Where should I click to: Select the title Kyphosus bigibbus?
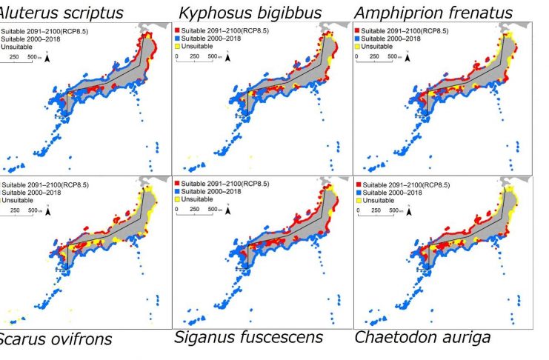[x=250, y=13]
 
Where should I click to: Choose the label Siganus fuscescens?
[x=248, y=337]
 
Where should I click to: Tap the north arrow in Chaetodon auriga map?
[x=411, y=210]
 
